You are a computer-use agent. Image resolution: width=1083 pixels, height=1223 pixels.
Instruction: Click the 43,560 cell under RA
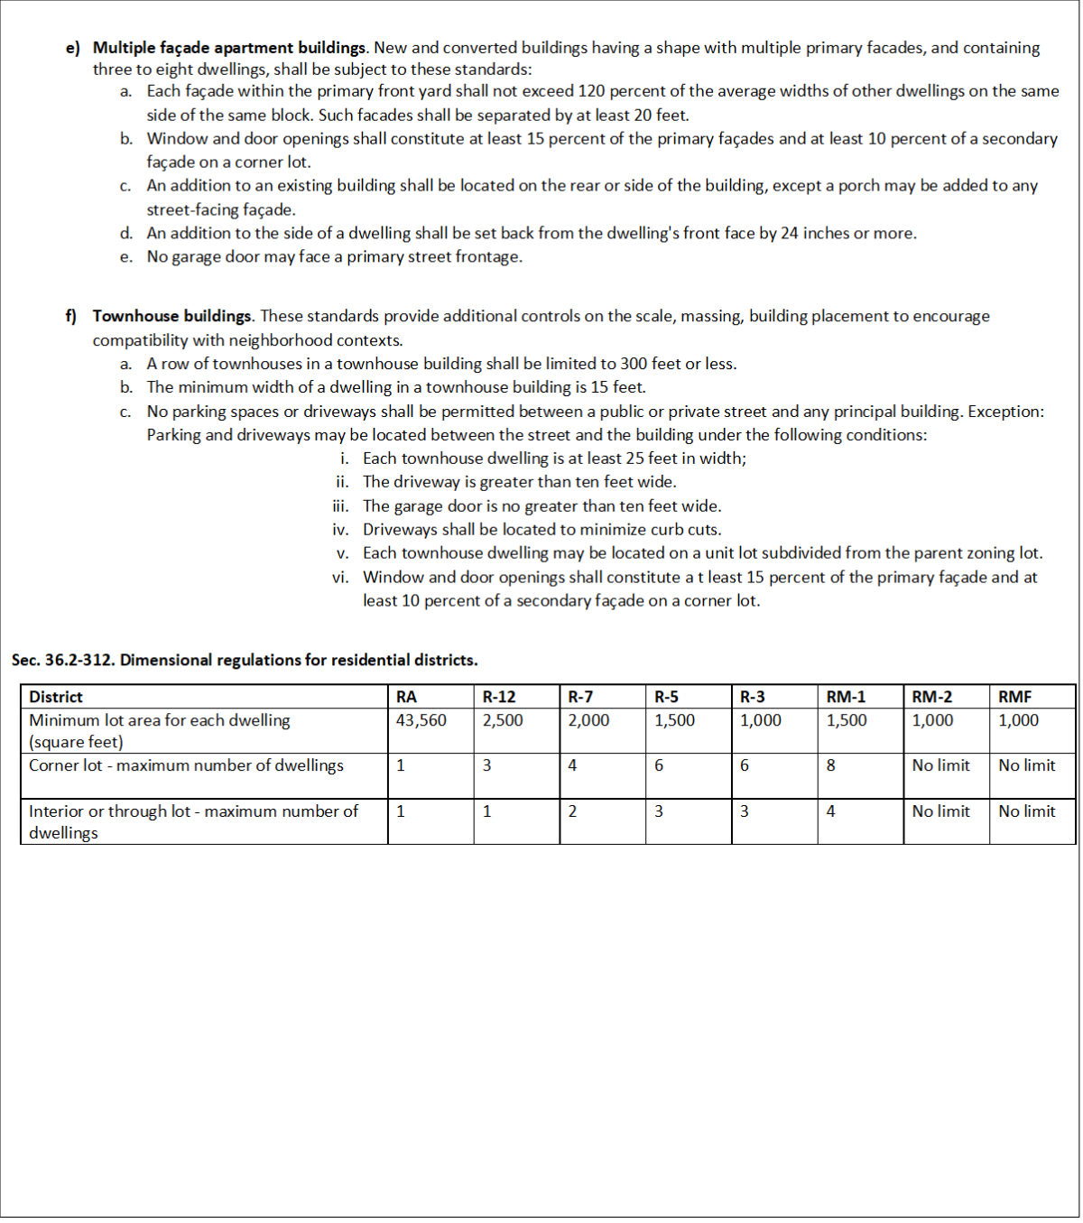[421, 720]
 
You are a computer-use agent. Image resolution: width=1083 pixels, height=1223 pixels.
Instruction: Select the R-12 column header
[499, 697]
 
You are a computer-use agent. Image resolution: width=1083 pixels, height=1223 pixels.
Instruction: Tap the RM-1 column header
[846, 697]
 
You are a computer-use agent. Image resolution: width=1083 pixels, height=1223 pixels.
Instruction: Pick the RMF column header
[1014, 697]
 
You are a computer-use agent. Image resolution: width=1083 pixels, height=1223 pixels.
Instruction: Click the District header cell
[56, 697]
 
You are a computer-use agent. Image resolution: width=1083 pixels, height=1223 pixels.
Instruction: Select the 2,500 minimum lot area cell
[503, 720]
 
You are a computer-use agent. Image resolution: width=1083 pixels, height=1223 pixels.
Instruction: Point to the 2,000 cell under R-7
[588, 720]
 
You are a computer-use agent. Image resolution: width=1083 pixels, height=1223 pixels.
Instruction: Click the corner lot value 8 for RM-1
[831, 765]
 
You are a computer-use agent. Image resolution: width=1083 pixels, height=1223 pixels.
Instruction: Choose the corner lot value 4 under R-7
[572, 765]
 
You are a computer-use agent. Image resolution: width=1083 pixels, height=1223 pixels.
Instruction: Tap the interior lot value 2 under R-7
[572, 811]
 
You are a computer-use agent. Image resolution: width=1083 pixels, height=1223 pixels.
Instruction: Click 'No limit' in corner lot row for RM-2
[940, 765]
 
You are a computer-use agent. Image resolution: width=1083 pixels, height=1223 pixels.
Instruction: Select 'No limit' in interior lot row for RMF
[1026, 811]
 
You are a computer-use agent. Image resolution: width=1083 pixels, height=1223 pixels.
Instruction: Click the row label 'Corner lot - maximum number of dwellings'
[186, 765]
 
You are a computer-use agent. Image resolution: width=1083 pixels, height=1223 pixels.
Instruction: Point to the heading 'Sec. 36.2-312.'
[63, 660]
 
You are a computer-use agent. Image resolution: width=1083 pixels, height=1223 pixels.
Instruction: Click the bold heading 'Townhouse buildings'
[172, 316]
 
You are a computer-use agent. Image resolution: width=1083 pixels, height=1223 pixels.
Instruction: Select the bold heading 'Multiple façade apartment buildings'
[229, 48]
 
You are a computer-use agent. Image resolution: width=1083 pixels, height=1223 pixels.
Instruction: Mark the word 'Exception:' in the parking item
[1005, 412]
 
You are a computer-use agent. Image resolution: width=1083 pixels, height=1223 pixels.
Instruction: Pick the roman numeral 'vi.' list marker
[340, 577]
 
